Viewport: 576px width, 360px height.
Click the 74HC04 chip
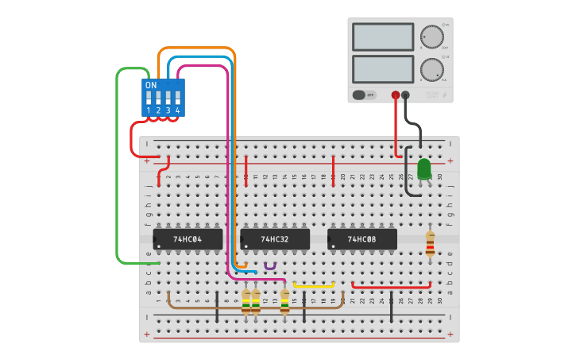[187, 238]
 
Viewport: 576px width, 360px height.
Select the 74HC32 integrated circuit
[274, 238]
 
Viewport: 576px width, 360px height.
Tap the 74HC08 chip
[361, 238]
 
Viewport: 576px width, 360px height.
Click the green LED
[424, 168]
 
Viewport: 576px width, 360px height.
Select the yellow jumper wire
[314, 284]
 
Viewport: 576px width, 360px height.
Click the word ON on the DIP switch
[151, 85]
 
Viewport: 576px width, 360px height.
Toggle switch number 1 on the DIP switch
[149, 99]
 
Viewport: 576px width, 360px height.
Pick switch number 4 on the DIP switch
[177, 99]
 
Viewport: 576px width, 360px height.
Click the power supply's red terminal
[396, 95]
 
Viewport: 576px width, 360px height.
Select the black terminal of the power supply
[406, 95]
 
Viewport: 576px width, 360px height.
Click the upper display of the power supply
[382, 37]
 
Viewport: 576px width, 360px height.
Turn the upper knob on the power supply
[431, 37]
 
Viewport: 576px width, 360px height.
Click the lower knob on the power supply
[431, 69]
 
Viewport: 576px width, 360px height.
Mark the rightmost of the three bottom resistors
[285, 301]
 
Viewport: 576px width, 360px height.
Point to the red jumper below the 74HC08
[391, 285]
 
